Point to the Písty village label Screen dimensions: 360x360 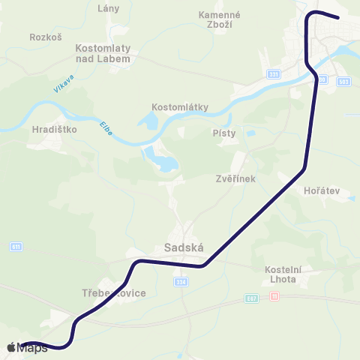224,133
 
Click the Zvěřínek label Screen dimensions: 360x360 235,179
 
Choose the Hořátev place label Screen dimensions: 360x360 322,190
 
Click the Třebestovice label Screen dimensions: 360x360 113,292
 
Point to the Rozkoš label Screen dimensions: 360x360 45,36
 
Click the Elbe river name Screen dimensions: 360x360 106,124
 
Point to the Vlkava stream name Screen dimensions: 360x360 64,84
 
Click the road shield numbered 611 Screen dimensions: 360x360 16,247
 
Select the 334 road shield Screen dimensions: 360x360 180,282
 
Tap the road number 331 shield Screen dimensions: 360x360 274,74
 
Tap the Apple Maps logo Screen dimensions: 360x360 28,348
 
